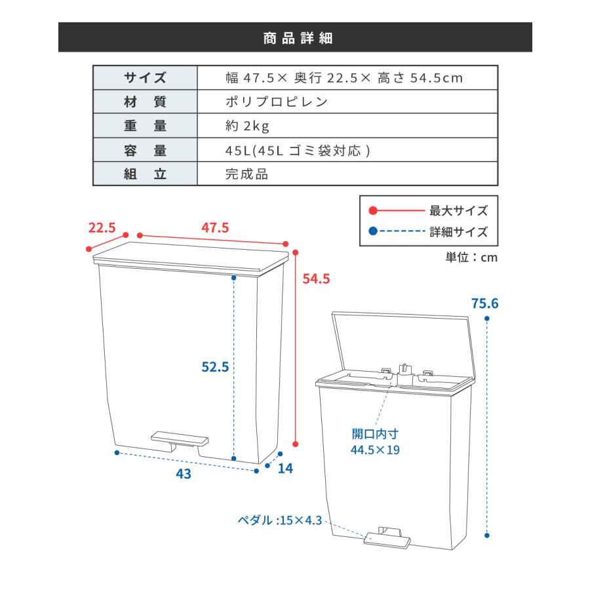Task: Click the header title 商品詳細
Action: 295,37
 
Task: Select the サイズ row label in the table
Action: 146,78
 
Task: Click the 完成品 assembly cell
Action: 246,175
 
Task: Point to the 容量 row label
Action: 146,151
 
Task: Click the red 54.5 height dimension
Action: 315,279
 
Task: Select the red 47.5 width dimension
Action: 215,228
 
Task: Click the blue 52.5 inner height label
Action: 214,368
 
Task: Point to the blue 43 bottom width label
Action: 184,473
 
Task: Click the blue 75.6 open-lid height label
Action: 485,304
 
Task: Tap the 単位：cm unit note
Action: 471,257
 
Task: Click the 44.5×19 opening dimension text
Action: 376,450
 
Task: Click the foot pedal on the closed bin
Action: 179,437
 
